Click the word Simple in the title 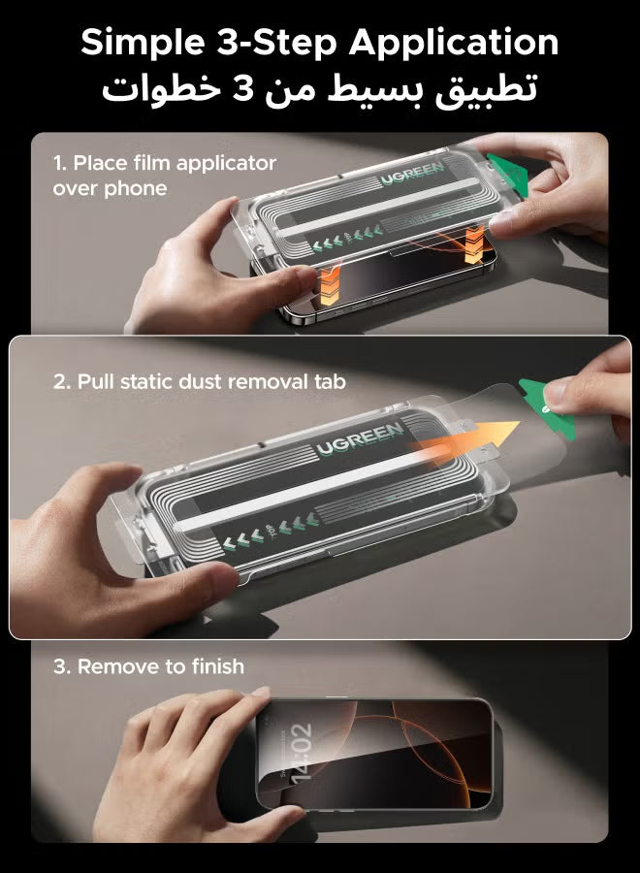[x=142, y=44]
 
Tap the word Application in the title [x=454, y=44]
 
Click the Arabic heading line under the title [x=319, y=88]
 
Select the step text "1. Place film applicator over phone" [x=164, y=176]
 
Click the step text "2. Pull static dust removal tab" [x=199, y=381]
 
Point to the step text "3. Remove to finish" [x=148, y=666]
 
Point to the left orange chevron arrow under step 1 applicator [x=330, y=284]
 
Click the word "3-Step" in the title [x=276, y=44]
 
